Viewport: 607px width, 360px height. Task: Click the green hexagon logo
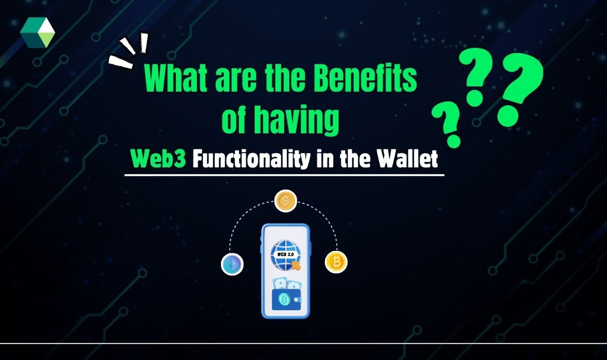tap(37, 32)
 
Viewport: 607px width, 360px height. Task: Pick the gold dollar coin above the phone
tap(285, 201)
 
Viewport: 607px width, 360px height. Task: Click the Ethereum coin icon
tap(232, 264)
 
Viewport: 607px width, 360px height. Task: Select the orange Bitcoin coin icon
tap(336, 262)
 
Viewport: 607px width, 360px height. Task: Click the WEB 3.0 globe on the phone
tap(283, 255)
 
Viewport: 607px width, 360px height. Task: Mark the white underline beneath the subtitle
tap(285, 175)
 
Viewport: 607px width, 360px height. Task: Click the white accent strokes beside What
tap(129, 53)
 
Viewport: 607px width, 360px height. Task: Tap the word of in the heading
tap(234, 121)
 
